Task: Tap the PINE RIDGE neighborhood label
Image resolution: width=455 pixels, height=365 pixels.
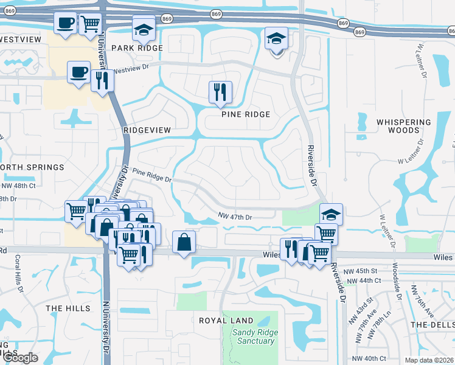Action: tap(245, 114)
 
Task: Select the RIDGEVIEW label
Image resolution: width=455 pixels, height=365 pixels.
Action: tap(147, 130)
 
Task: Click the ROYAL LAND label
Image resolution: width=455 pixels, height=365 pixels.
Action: tap(218, 320)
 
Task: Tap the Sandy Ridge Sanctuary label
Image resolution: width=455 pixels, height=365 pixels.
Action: tap(254, 336)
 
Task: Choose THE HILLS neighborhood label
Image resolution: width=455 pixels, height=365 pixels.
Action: tap(68, 308)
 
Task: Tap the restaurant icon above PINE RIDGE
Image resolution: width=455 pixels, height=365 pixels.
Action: tap(220, 92)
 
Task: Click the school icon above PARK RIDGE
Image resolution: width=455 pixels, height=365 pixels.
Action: tap(143, 27)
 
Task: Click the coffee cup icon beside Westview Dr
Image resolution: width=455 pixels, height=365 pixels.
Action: tap(78, 72)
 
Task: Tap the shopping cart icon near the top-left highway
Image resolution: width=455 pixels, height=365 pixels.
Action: tap(90, 23)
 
